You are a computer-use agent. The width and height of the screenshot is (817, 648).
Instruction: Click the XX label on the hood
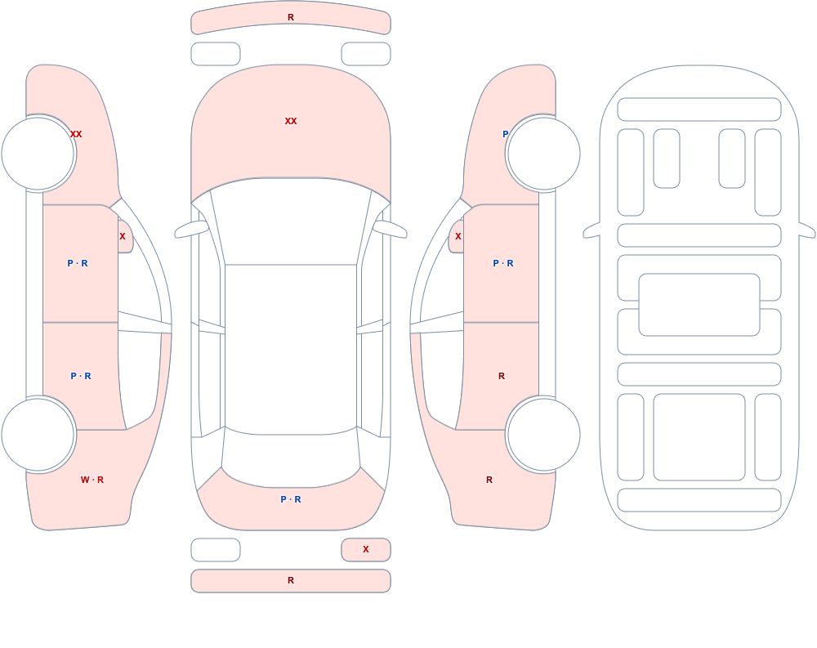[291, 121]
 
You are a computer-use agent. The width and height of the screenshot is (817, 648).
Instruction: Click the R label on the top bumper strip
[291, 17]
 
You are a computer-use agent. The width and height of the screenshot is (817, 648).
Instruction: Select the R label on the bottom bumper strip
[291, 580]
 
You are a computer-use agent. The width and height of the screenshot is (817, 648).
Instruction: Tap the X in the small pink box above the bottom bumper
[366, 549]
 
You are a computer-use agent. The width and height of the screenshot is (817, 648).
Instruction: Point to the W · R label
[92, 480]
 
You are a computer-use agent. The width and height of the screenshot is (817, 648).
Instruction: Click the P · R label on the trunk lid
[291, 499]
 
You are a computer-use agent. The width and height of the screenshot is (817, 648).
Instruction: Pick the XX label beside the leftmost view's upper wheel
[76, 134]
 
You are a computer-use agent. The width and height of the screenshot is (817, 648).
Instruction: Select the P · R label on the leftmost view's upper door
[78, 263]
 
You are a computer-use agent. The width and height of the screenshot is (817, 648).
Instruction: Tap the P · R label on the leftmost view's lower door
[81, 376]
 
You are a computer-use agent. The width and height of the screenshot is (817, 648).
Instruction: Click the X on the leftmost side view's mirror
[123, 236]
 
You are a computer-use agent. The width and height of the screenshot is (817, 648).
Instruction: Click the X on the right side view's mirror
[458, 236]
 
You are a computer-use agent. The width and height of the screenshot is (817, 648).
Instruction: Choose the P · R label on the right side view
[503, 263]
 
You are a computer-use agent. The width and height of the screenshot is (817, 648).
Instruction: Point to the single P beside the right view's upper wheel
[505, 134]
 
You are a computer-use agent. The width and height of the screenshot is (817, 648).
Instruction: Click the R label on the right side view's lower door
[502, 376]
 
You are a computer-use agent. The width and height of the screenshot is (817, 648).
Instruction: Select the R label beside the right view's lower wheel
[489, 480]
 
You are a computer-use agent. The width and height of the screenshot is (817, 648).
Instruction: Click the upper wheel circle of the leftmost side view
[38, 154]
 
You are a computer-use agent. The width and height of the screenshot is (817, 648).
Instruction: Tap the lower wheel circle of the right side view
[543, 435]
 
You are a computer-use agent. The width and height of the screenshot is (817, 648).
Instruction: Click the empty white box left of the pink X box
[216, 550]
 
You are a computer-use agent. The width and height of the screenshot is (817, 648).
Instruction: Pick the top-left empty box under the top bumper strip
[216, 54]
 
